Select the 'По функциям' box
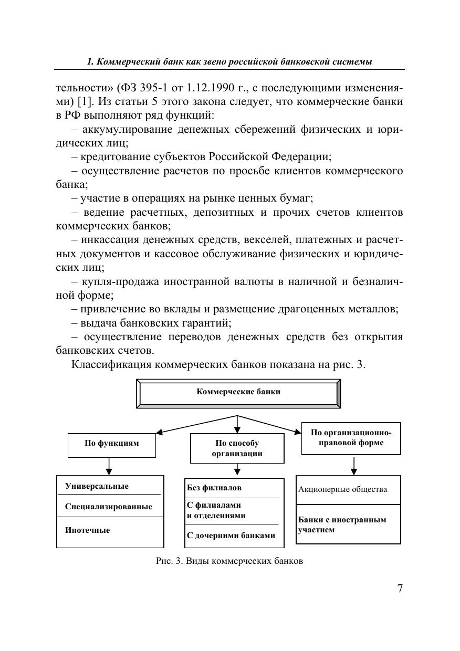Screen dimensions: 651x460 [x=112, y=444]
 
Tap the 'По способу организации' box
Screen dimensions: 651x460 [x=237, y=448]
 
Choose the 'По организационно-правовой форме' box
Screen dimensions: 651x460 [x=351, y=438]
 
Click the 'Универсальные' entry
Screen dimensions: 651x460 [x=97, y=486]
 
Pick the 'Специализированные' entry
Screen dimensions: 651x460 [x=109, y=507]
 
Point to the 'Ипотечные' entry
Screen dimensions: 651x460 [x=88, y=530]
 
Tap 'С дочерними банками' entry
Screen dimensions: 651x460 [x=231, y=536]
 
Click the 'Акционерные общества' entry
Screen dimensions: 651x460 [x=342, y=489]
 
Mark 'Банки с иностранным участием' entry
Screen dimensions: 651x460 [x=342, y=524]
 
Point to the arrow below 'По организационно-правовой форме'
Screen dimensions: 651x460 [x=354, y=466]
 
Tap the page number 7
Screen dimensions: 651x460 [x=400, y=589]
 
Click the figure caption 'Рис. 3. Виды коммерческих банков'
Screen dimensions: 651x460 [x=229, y=561]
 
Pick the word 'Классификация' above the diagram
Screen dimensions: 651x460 [x=111, y=364]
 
